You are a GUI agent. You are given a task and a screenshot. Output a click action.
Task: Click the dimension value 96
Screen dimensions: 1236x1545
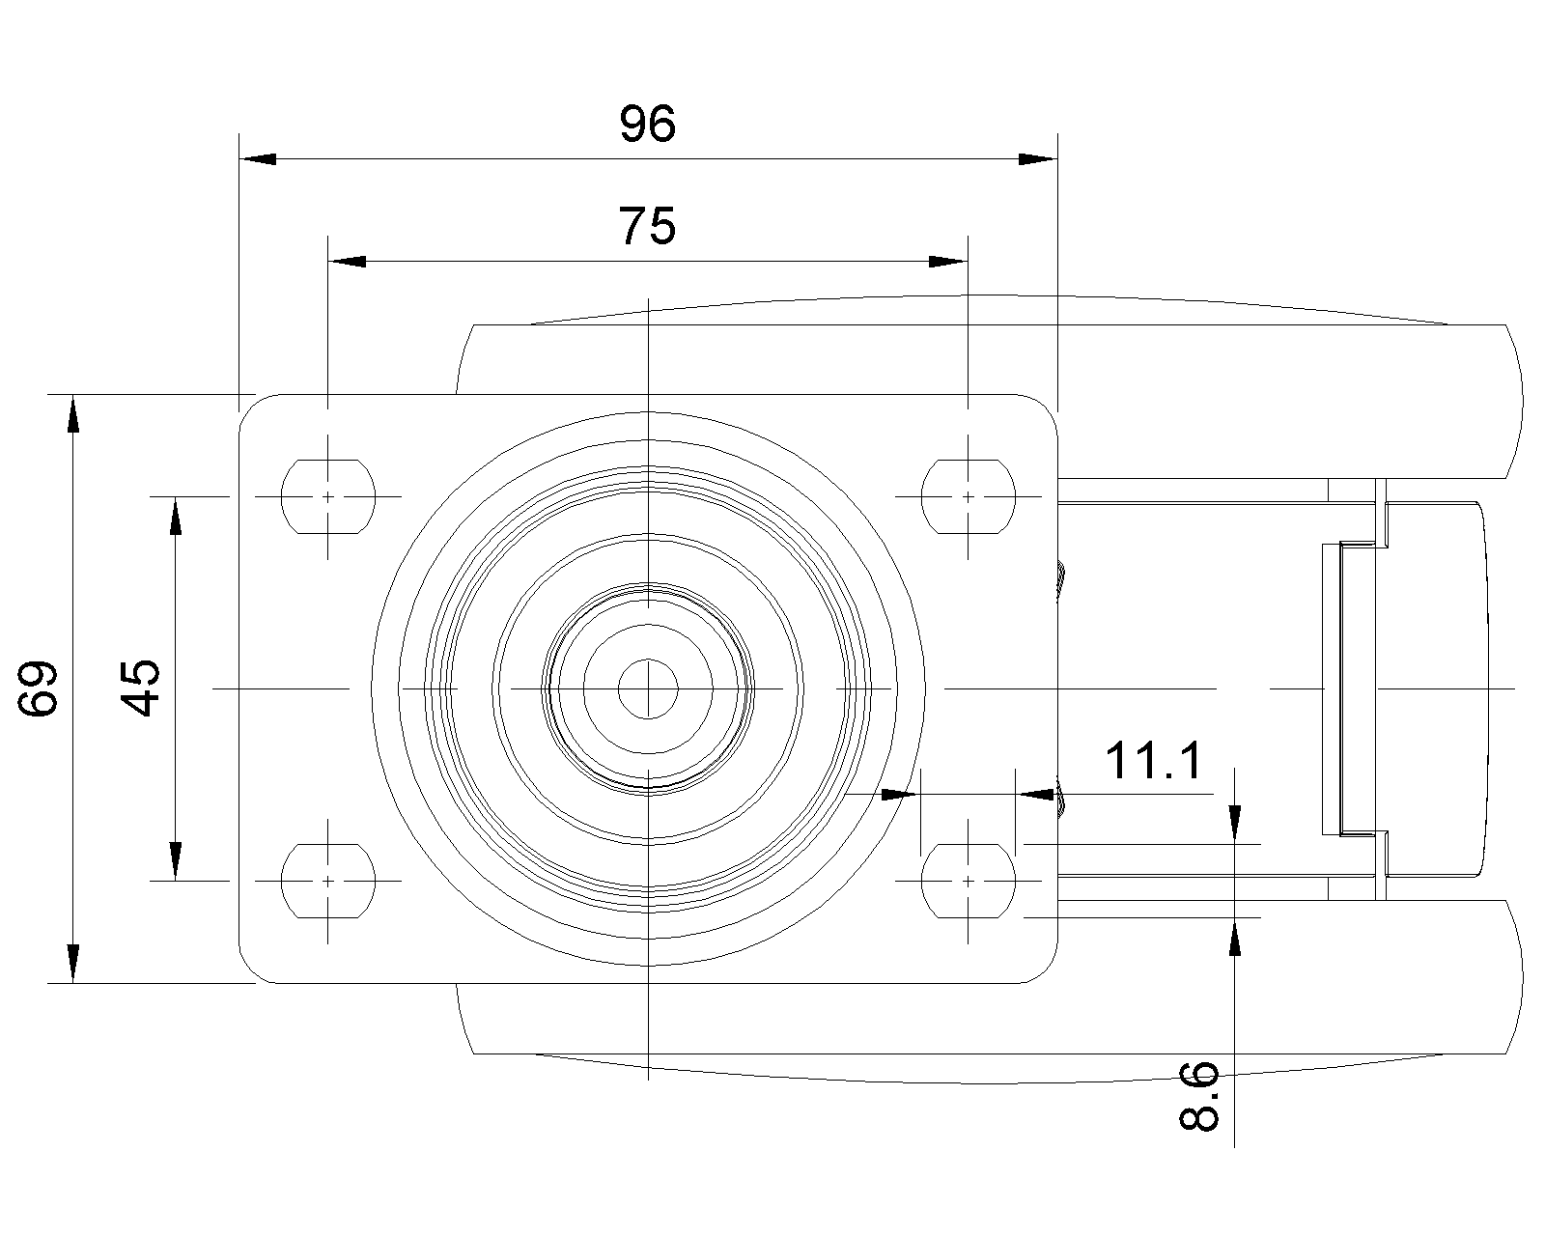click(647, 125)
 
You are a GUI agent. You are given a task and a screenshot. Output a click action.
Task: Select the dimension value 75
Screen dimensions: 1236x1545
click(647, 226)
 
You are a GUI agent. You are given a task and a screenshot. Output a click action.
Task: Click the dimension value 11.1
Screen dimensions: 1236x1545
click(1154, 760)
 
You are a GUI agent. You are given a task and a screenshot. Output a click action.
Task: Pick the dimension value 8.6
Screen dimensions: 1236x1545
click(1200, 1096)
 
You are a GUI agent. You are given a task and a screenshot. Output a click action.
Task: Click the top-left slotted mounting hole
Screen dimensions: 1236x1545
click(327, 496)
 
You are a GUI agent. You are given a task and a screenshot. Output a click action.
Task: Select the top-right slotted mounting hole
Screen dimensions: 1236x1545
click(969, 496)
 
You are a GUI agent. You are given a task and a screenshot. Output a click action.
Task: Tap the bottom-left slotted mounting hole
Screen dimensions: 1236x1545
click(327, 881)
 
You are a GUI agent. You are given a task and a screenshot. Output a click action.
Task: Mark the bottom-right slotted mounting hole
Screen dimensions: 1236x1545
click(969, 881)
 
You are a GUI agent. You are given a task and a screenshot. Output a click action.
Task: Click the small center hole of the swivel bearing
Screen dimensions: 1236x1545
click(649, 688)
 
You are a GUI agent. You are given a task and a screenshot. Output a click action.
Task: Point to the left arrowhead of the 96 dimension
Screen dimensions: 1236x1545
click(257, 159)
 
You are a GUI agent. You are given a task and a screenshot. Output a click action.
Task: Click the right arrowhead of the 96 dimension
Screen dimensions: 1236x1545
click(1040, 159)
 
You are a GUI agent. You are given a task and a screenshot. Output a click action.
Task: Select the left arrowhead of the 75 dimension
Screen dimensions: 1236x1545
click(347, 261)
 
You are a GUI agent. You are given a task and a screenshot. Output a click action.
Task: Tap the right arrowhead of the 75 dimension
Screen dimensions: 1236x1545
click(947, 261)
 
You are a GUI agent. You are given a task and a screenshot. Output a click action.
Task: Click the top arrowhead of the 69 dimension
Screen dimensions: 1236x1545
click(72, 413)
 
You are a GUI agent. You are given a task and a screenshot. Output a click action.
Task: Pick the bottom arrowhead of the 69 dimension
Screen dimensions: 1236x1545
click(72, 964)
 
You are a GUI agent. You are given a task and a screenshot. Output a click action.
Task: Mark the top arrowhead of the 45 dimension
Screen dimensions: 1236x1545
click(175, 516)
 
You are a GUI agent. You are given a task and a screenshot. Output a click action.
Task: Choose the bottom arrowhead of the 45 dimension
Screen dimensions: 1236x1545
click(175, 861)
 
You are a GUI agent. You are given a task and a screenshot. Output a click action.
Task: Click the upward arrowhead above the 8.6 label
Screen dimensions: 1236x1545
click(1234, 937)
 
